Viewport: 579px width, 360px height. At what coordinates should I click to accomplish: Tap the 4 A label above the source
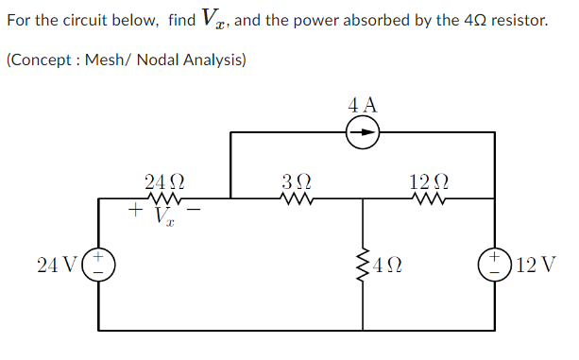[363, 104]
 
